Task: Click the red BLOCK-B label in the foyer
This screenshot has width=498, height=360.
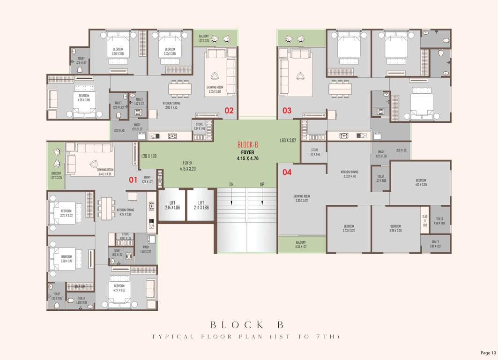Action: click(x=248, y=145)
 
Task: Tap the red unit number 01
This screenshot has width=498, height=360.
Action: click(x=133, y=179)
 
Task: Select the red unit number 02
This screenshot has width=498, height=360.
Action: click(x=229, y=111)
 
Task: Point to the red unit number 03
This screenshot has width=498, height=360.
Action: click(x=286, y=111)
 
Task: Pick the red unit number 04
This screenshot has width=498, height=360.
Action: click(x=287, y=172)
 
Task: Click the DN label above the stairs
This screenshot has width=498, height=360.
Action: click(x=231, y=184)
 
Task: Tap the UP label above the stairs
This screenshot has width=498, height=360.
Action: click(x=262, y=184)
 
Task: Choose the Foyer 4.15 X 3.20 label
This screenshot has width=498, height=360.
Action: click(x=187, y=165)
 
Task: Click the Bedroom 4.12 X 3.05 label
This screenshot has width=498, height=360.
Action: click(x=421, y=182)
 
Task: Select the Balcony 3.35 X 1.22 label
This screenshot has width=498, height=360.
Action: click(x=301, y=244)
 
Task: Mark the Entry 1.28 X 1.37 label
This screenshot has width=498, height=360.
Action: click(x=148, y=179)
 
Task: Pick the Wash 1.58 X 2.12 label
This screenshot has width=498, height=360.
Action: click(x=146, y=248)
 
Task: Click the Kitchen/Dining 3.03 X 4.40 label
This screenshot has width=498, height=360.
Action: click(x=349, y=174)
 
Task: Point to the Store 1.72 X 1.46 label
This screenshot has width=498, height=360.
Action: click(x=314, y=152)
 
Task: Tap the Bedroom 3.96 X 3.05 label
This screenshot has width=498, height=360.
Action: click(x=118, y=52)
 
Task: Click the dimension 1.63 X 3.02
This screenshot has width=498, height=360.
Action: click(x=288, y=140)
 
